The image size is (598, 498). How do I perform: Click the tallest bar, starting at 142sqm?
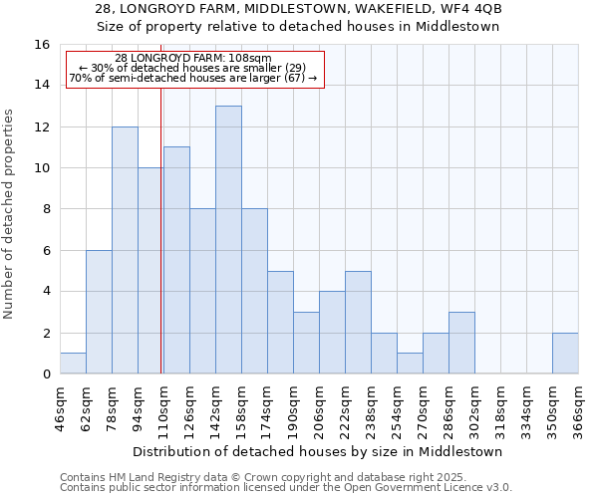(228, 240)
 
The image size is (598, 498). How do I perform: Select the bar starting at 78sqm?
(125, 250)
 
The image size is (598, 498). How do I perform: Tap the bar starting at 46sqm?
(73, 364)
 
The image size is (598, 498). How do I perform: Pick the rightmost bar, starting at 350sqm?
(565, 354)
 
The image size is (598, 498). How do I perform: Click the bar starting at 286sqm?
(461, 344)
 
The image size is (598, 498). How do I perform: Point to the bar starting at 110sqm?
(176, 260)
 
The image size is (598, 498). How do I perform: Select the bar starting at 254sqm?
(410, 364)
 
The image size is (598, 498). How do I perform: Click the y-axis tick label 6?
(45, 251)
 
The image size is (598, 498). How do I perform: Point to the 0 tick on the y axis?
(45, 374)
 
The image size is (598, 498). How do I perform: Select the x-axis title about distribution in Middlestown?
(317, 451)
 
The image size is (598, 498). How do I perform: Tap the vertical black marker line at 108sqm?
(161, 249)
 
